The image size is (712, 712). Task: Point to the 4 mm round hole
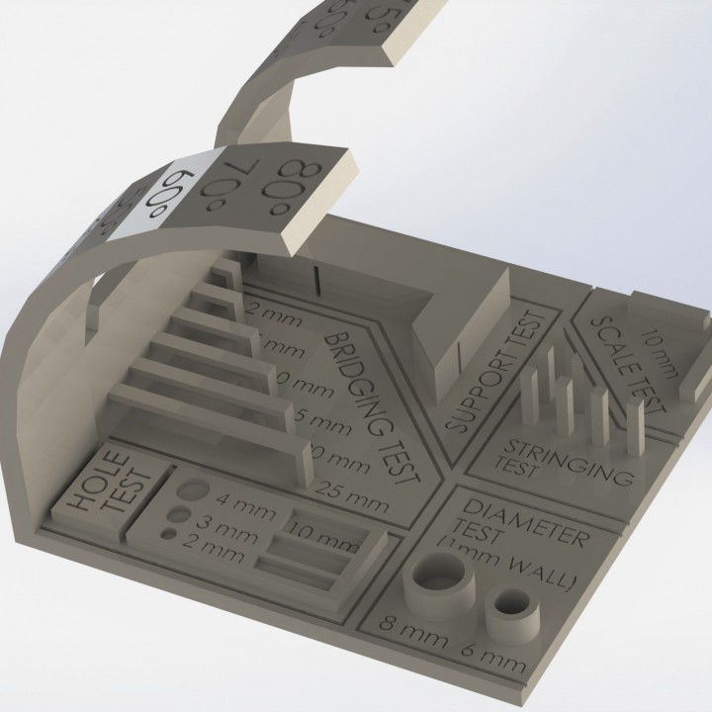pyautogui.click(x=193, y=492)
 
